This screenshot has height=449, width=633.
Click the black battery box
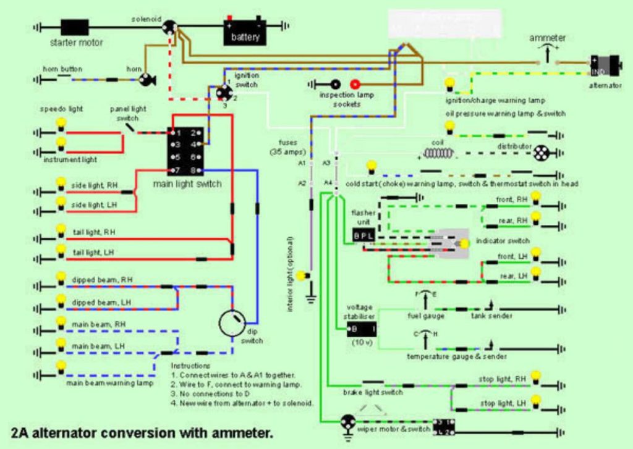point(245,33)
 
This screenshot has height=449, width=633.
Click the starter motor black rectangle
point(75,27)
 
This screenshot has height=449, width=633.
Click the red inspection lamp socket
point(355,84)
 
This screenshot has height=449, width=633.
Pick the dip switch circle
point(233,322)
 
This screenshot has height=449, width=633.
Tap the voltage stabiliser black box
point(362,329)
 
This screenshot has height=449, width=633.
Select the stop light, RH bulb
point(536,376)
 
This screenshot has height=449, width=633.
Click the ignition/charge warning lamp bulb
point(450,84)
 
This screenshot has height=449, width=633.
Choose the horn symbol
point(147,80)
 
